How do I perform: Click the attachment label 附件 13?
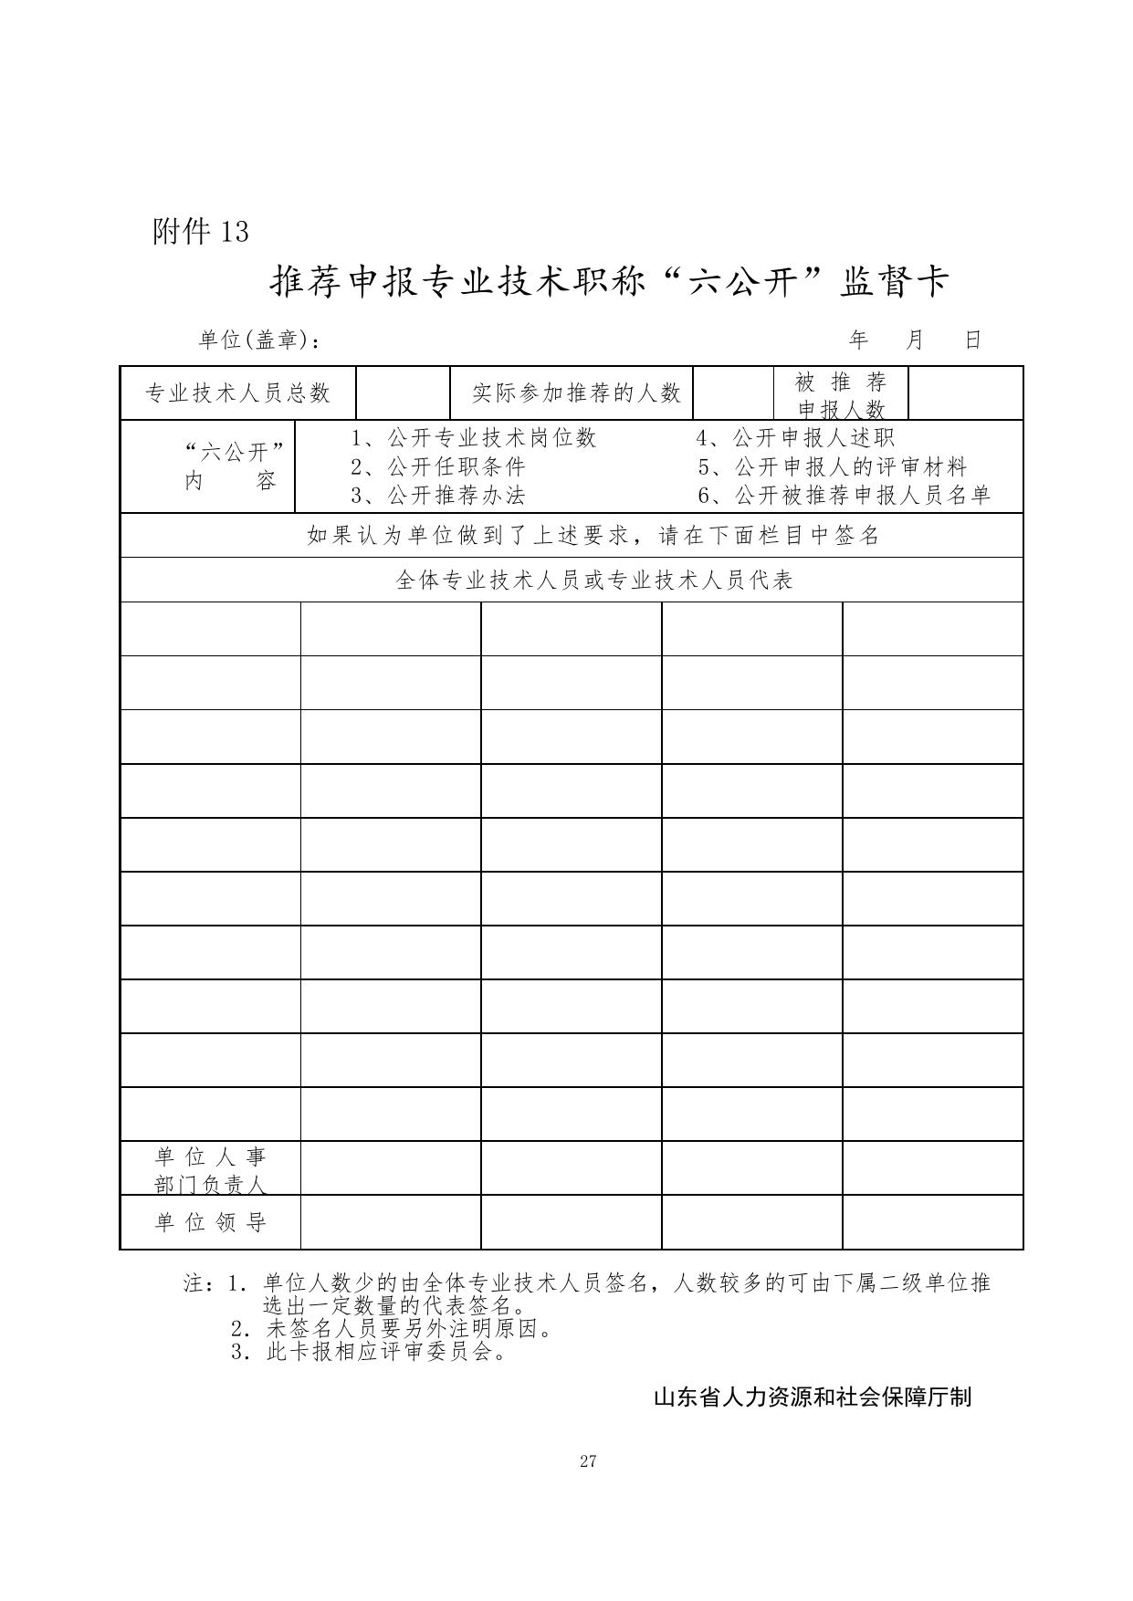(201, 232)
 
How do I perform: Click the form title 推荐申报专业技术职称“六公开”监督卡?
(610, 282)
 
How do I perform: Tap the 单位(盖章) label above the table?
(259, 340)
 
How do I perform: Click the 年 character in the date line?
(858, 340)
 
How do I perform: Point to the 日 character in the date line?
(973, 340)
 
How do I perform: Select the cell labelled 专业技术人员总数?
(238, 393)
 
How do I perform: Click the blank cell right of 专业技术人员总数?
(404, 393)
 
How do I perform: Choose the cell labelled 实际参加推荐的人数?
(576, 393)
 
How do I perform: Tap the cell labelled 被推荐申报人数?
(841, 394)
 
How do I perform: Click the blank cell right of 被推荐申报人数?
(966, 393)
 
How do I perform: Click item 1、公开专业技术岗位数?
(474, 438)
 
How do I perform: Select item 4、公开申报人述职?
(796, 438)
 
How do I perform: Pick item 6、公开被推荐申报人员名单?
(845, 496)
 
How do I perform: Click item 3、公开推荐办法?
(438, 496)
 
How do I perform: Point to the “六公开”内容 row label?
(232, 466)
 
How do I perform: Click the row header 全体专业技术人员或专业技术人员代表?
(594, 581)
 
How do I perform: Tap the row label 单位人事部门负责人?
(211, 1169)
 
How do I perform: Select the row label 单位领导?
(211, 1222)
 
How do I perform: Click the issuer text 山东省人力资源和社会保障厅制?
(813, 1397)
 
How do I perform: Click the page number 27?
(588, 1461)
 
